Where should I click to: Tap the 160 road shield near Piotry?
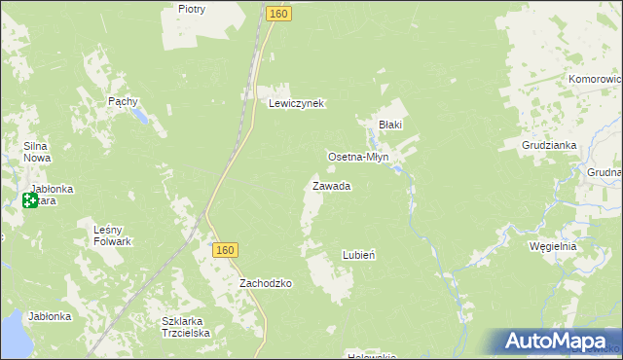(278, 15)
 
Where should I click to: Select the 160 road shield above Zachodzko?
(225, 250)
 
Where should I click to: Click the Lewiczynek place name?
(296, 103)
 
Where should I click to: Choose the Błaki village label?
(390, 125)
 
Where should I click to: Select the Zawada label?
(331, 186)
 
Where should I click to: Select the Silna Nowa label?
(37, 152)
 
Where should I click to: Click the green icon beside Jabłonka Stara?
(29, 201)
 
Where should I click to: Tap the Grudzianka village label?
(550, 146)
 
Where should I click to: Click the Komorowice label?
(596, 79)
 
